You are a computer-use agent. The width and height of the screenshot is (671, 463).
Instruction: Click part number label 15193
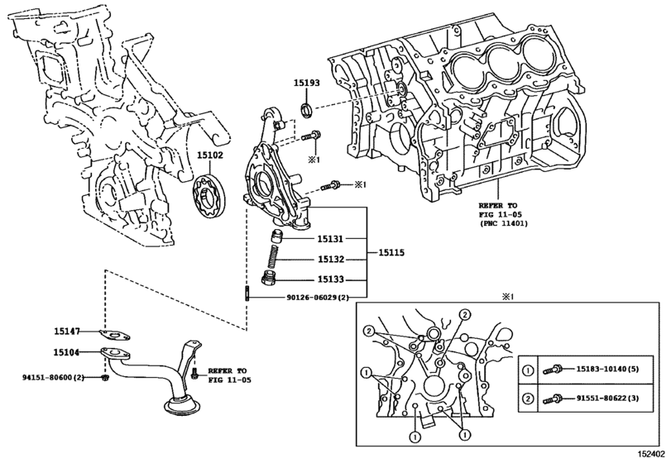tap(305, 83)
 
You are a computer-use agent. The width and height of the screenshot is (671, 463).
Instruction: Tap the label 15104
tap(66, 352)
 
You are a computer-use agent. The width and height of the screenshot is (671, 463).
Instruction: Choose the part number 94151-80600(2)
tap(52, 378)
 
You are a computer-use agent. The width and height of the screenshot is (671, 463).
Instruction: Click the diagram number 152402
tap(651, 454)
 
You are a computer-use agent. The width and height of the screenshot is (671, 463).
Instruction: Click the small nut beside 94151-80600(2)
tap(104, 379)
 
